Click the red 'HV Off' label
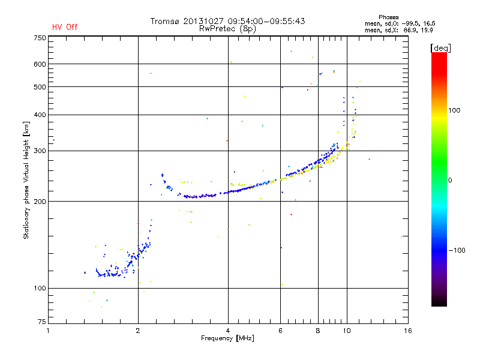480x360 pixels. [64, 27]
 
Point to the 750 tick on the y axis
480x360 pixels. [40, 38]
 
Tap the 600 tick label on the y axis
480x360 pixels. [40, 64]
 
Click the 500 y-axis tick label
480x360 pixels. [40, 87]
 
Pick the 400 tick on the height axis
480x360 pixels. [40, 115]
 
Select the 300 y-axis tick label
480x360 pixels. [40, 151]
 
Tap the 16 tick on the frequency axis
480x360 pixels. [407, 331]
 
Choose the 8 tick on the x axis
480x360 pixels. [318, 331]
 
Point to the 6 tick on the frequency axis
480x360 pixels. [280, 331]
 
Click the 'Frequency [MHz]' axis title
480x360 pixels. [227, 339]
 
